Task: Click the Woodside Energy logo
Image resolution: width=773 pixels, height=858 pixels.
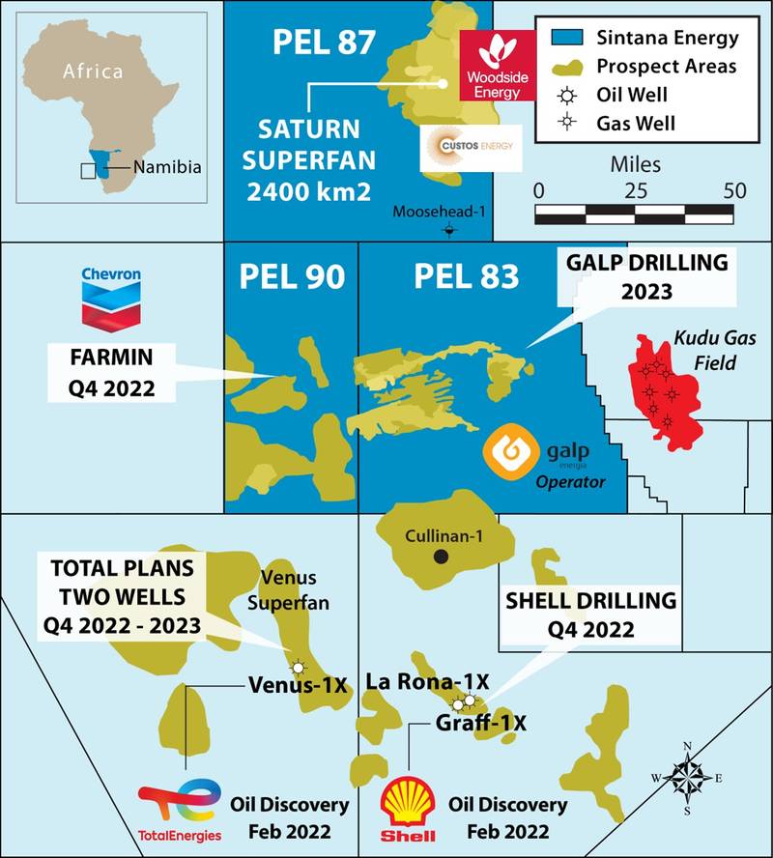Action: tap(497, 66)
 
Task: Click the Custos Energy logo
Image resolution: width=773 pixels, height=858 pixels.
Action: tap(471, 148)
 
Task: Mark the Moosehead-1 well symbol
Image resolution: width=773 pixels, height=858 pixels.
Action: tap(449, 230)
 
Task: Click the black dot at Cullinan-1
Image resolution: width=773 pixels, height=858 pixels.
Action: tap(441, 557)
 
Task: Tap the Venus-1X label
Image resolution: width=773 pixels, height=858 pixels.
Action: tap(297, 686)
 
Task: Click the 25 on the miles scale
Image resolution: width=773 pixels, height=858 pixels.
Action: tap(634, 190)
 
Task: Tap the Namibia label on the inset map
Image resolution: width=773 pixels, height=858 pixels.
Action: tap(167, 167)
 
